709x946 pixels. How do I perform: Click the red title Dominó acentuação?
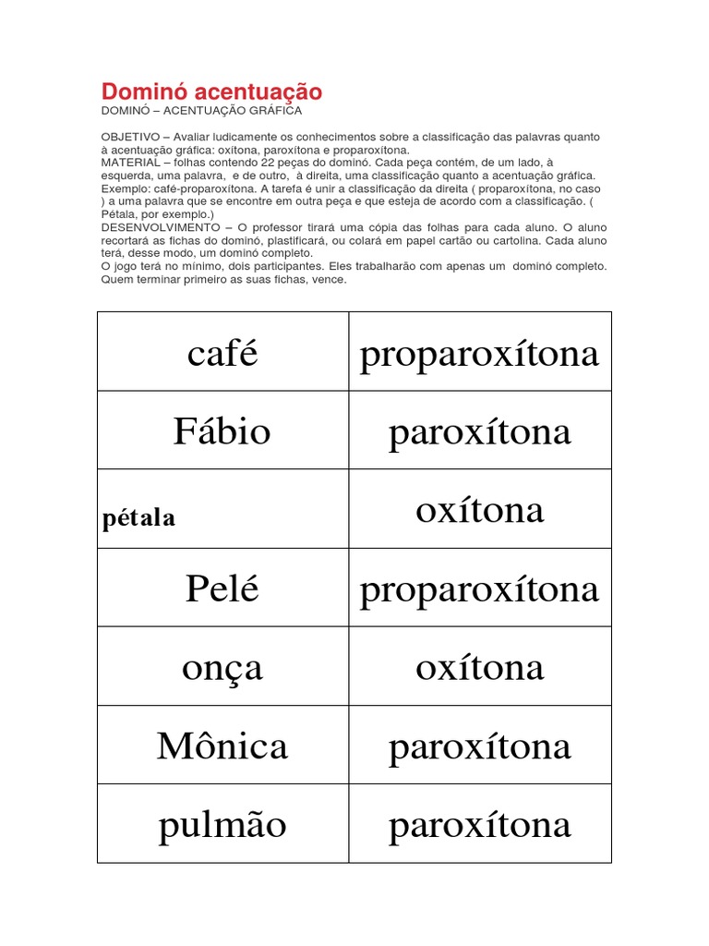pos(211,91)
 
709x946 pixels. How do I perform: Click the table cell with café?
pos(222,353)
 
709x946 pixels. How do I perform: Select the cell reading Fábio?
pos(222,431)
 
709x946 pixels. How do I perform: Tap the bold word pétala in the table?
pos(138,518)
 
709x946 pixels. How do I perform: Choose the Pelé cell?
pos(222,588)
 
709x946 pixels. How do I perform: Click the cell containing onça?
pos(222,668)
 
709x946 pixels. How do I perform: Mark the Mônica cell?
pos(222,746)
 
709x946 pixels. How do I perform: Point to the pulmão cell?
pos(222,824)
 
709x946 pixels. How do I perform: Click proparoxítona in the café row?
pos(479,353)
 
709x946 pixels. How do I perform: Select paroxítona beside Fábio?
pos(479,431)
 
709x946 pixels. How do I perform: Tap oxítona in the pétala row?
pos(479,510)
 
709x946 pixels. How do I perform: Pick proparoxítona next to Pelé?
pos(479,588)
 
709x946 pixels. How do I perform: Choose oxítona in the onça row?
pos(479,667)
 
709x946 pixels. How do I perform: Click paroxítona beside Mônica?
pos(479,746)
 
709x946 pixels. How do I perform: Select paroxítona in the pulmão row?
pos(479,824)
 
